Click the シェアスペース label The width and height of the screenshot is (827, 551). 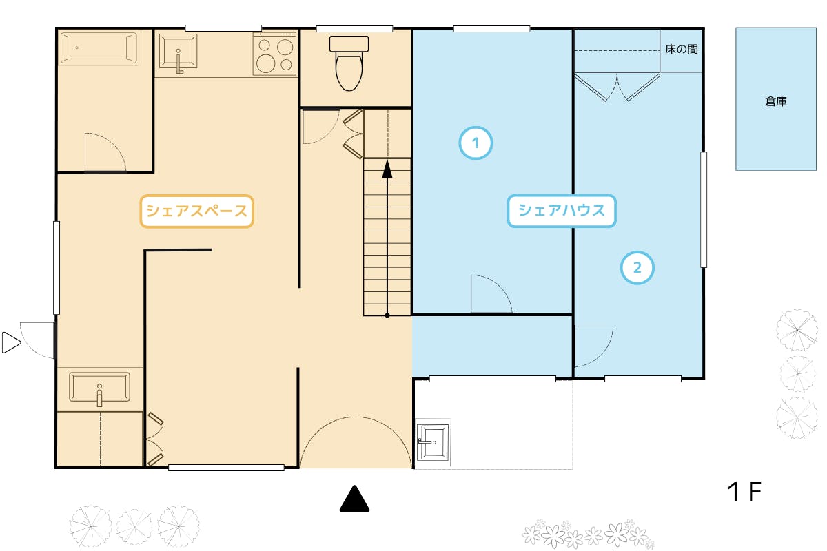pos(197,211)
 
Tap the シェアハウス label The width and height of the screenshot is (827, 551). pos(562,211)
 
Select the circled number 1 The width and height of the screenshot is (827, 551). pos(476,143)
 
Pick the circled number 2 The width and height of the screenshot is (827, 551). pos(637,267)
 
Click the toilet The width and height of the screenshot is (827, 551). pos(349,63)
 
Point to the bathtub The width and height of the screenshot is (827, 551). pos(99,48)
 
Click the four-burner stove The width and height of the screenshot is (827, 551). pos(275,54)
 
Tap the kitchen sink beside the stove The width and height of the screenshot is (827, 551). pos(178,52)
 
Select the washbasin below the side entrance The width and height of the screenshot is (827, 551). pos(100,388)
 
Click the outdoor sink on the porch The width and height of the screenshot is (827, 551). pos(433,442)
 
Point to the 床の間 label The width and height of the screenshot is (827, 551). pos(682,49)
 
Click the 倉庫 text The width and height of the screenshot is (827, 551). pos(776,101)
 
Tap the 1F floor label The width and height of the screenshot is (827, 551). pos(744,492)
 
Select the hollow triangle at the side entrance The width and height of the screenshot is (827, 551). pos(11,342)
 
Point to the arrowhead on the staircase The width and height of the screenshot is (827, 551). pos(387,169)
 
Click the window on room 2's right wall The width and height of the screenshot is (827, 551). pos(704,209)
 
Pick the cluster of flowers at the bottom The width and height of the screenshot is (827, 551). pos(588,534)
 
